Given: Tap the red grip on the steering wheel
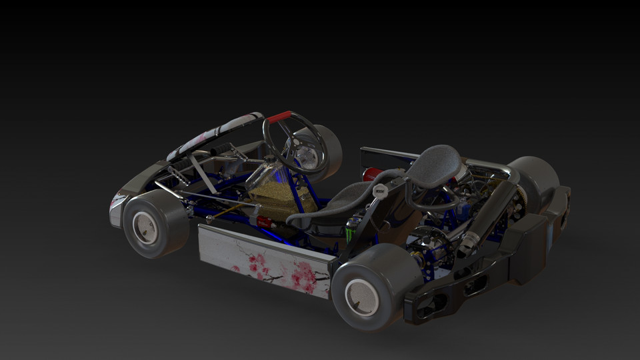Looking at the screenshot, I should tap(279, 117).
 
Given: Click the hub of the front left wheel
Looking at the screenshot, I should tap(145, 228).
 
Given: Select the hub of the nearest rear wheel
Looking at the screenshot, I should tap(361, 297).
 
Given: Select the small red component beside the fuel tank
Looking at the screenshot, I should tap(265, 221).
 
